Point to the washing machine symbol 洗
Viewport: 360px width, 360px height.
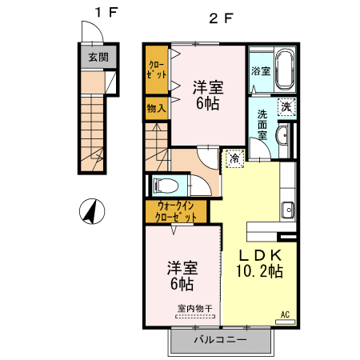tap(286, 106)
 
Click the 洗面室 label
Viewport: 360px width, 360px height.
tap(262, 125)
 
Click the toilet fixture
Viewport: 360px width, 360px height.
tap(166, 186)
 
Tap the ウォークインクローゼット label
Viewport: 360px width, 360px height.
tap(175, 211)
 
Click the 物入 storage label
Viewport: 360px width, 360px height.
tap(156, 108)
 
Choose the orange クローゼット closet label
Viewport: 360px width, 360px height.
tap(156, 69)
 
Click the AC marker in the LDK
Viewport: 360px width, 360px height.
tap(284, 315)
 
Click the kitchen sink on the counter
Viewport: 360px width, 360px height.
tap(287, 211)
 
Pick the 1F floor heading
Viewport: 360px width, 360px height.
tap(98, 14)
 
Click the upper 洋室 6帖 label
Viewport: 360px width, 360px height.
tap(206, 94)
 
